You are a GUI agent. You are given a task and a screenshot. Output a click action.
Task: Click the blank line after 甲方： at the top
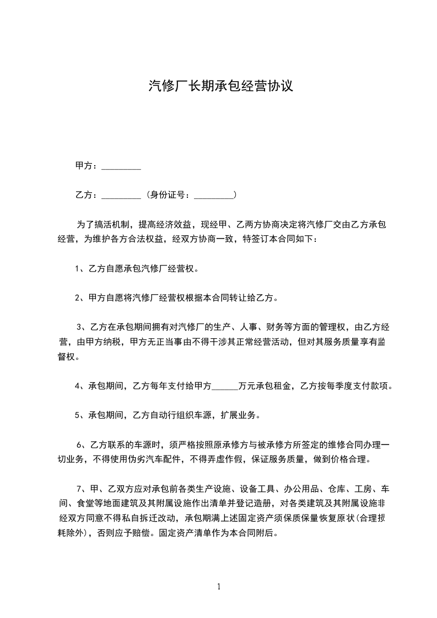121,166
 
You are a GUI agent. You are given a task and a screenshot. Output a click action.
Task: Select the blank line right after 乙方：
121,196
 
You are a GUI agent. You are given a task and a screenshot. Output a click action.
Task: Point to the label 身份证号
169,195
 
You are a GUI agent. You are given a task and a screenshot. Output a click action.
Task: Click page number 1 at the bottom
219,587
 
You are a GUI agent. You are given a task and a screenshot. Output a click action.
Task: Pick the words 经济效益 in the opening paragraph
172,224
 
